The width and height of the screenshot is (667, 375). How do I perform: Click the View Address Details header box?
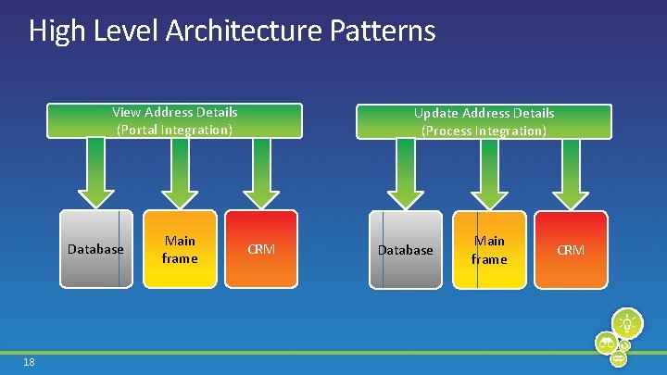click(174, 120)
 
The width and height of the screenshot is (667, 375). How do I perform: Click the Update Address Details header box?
click(484, 121)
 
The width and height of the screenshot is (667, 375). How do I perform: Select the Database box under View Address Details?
click(95, 248)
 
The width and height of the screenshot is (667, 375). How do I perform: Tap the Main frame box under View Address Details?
click(179, 248)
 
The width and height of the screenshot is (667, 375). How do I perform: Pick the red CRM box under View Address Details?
click(261, 248)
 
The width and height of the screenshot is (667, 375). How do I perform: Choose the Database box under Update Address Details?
click(405, 249)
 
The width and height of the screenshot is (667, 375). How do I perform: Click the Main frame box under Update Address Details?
click(488, 249)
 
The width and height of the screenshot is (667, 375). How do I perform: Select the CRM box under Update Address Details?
click(571, 249)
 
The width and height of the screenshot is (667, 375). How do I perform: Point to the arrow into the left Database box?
click(95, 172)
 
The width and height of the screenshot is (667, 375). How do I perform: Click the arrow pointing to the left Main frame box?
click(179, 172)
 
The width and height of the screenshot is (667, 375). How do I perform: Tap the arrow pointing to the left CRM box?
click(261, 172)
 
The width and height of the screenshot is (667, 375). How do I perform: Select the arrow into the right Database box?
click(405, 173)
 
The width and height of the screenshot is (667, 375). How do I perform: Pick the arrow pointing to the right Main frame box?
click(488, 173)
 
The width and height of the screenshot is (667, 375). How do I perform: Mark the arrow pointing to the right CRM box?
click(571, 173)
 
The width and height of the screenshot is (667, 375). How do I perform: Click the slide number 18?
click(29, 361)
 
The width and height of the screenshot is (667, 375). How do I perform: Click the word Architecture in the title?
click(244, 31)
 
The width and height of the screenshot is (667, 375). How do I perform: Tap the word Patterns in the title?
click(382, 31)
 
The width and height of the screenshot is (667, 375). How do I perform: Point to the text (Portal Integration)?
click(174, 130)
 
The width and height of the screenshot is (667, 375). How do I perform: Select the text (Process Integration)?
click(484, 131)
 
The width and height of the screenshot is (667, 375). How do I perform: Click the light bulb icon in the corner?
click(628, 324)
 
